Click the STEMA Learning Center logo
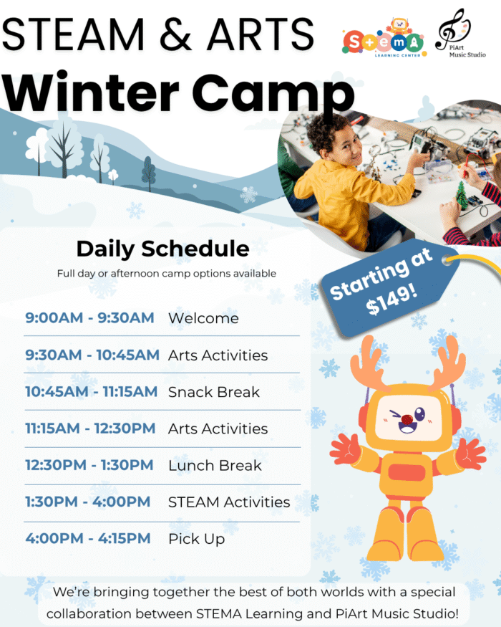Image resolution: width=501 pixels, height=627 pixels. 383,39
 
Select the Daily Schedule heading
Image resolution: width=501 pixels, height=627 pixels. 162,249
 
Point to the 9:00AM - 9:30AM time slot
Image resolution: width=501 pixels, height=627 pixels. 89,317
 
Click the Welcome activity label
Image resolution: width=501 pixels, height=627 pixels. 203,317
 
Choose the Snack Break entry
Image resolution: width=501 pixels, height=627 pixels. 213,392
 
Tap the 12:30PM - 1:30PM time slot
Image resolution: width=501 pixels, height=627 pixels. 89,465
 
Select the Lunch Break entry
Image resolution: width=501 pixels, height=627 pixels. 215,465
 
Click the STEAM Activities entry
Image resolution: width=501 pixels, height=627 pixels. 229,502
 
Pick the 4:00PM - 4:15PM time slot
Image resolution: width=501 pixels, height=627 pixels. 88,538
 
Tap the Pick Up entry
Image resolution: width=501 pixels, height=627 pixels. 196,538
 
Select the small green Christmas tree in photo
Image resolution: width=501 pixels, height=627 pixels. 461,195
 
